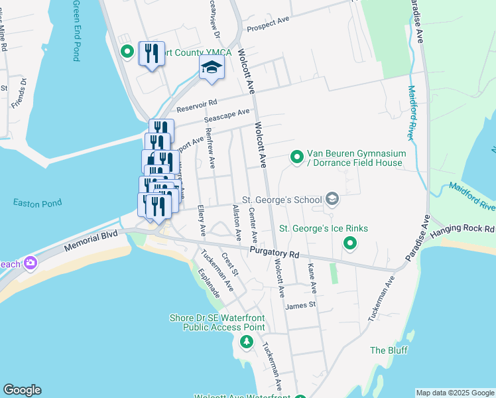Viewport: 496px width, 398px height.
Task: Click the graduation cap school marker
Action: (212, 67)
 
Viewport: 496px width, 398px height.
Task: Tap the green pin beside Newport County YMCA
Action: (126, 51)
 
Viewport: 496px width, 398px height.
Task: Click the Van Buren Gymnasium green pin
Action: (297, 157)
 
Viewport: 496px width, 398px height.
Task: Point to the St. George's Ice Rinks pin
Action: (349, 245)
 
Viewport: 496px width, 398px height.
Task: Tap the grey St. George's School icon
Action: (332, 199)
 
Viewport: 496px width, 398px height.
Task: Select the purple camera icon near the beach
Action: (30, 264)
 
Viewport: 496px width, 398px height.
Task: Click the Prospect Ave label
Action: (268, 24)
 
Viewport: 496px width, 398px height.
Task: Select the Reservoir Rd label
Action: (196, 105)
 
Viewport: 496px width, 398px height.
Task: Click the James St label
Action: (300, 305)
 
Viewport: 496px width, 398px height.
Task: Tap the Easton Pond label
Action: (38, 203)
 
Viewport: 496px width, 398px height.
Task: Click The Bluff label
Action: (389, 350)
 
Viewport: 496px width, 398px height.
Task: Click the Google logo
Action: (22, 390)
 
